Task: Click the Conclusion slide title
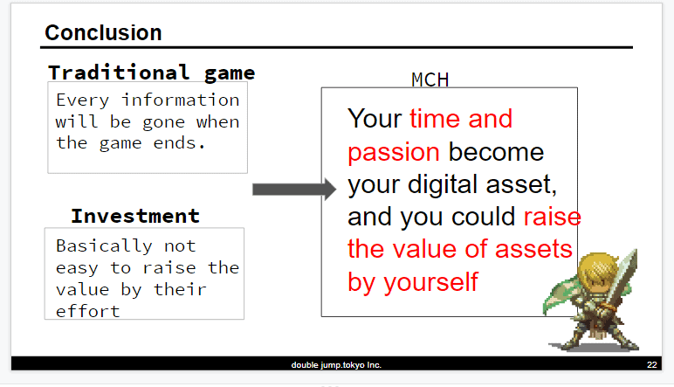(103, 32)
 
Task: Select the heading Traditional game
(152, 73)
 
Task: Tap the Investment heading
(135, 216)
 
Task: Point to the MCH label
(430, 79)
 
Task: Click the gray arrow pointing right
(294, 190)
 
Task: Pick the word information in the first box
(181, 100)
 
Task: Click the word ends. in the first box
(179, 143)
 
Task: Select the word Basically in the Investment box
(104, 246)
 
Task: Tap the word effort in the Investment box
(87, 311)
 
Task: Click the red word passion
(393, 152)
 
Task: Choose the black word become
(496, 152)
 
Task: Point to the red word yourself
(430, 282)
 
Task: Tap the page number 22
(651, 364)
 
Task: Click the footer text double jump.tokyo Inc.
(336, 365)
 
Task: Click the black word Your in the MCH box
(375, 118)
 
